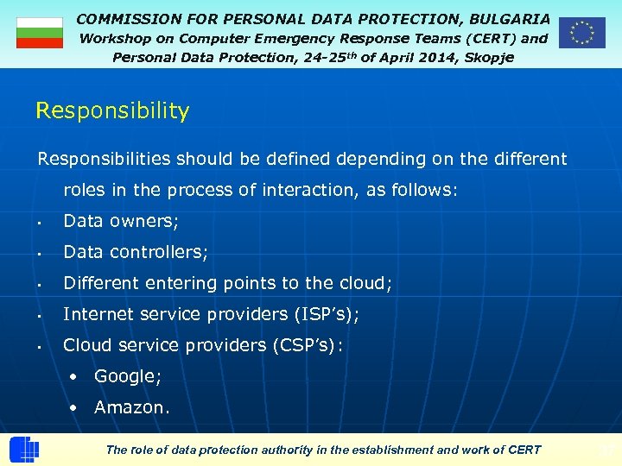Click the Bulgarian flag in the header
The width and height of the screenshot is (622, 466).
click(x=40, y=33)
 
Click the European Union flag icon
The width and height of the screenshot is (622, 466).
click(x=581, y=33)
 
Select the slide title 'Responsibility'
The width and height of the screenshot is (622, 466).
click(x=112, y=111)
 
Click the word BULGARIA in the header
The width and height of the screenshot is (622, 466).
click(x=510, y=18)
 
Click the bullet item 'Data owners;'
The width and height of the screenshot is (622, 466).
click(x=121, y=221)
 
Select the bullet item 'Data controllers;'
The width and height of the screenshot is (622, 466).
click(x=136, y=252)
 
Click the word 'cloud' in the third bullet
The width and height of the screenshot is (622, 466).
click(x=365, y=283)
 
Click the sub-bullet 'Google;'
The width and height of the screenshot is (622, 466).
click(x=128, y=376)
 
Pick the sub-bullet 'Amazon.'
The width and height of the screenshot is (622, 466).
click(x=131, y=407)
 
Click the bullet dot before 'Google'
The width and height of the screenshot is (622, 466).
click(x=76, y=377)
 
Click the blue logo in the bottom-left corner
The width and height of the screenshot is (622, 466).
click(x=23, y=450)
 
